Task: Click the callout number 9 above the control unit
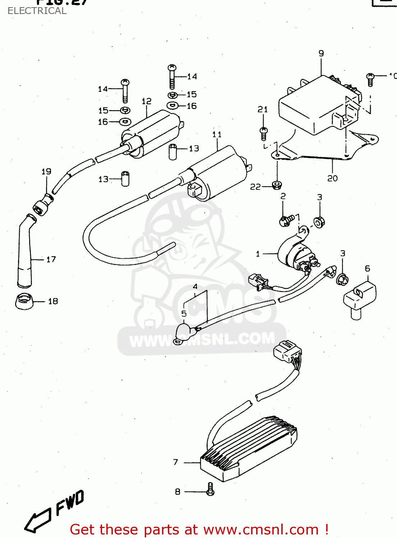(x=321, y=53)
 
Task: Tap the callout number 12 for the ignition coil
(x=146, y=102)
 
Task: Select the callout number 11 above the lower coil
(x=217, y=134)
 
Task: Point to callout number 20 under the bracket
(x=332, y=178)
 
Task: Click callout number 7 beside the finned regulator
(x=176, y=462)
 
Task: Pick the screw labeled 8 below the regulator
(x=211, y=489)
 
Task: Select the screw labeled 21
(x=263, y=133)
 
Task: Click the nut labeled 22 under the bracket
(x=276, y=185)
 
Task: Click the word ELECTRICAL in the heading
(x=37, y=11)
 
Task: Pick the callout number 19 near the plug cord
(x=46, y=171)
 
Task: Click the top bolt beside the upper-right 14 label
(x=172, y=76)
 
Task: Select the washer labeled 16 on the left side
(x=125, y=122)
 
